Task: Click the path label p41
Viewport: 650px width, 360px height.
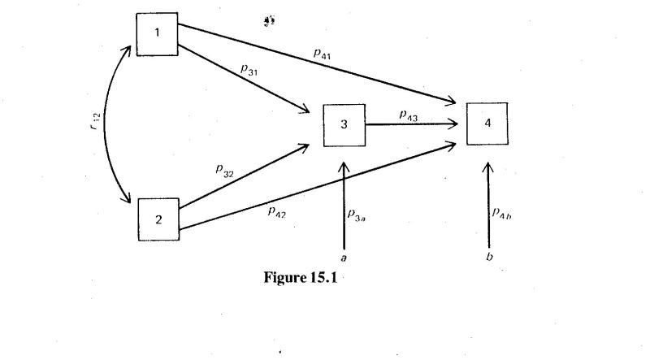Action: coord(323,53)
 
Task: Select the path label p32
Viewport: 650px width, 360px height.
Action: coord(224,170)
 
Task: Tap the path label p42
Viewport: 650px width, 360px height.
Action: coord(277,211)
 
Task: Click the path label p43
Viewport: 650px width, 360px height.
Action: coord(408,115)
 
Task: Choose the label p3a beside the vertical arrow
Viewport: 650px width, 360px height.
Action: coord(357,215)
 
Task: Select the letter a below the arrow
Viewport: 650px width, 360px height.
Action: coord(344,258)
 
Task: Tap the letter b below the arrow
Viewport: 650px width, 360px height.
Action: coord(487,258)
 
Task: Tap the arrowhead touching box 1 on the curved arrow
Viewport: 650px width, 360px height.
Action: coord(128,50)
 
